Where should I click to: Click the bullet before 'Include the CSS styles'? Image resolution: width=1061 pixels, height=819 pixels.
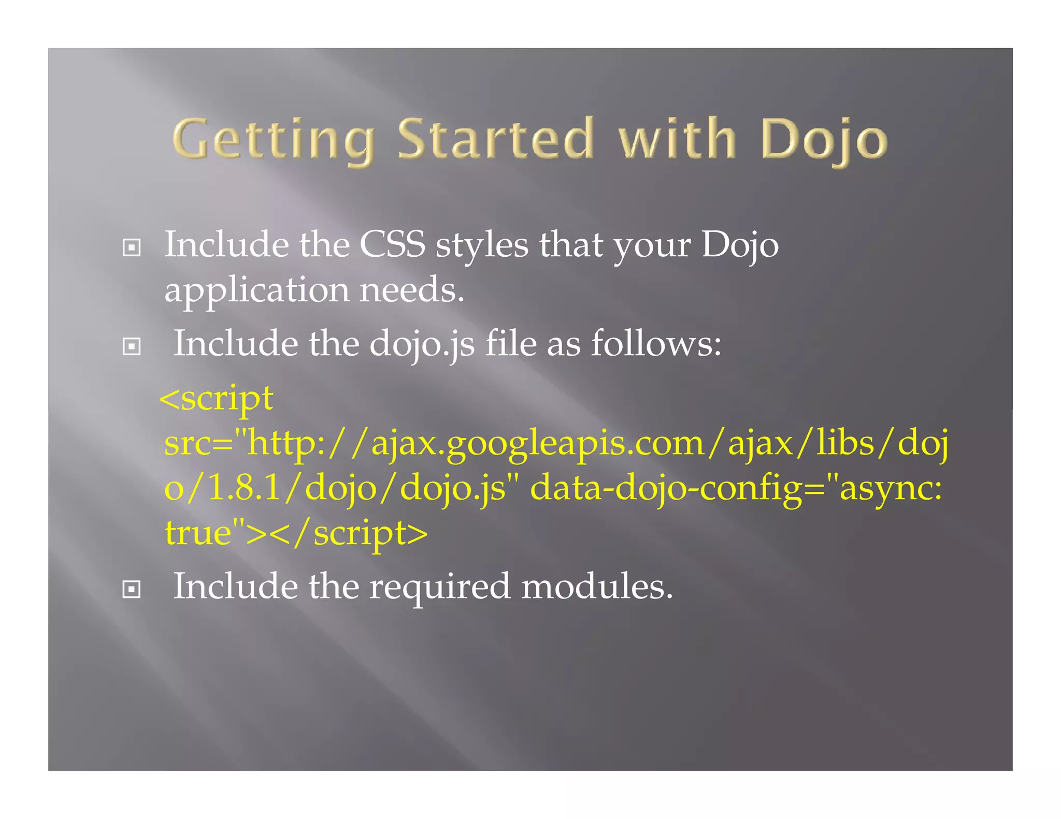click(x=132, y=247)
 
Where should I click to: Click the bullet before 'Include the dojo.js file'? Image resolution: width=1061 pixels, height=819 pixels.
click(x=132, y=346)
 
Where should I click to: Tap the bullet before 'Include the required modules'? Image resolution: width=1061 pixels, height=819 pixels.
click(x=132, y=589)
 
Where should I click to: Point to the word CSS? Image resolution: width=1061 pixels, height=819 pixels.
click(x=392, y=244)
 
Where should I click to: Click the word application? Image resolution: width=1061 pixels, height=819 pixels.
click(x=256, y=290)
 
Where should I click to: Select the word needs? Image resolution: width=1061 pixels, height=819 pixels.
click(x=412, y=290)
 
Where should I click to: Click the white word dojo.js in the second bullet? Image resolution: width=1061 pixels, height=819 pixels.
click(x=422, y=344)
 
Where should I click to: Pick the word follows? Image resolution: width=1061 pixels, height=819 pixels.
click(x=656, y=344)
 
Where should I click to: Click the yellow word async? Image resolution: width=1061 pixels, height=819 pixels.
click(x=890, y=488)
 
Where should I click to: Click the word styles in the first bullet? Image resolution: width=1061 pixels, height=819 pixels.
click(x=482, y=244)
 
